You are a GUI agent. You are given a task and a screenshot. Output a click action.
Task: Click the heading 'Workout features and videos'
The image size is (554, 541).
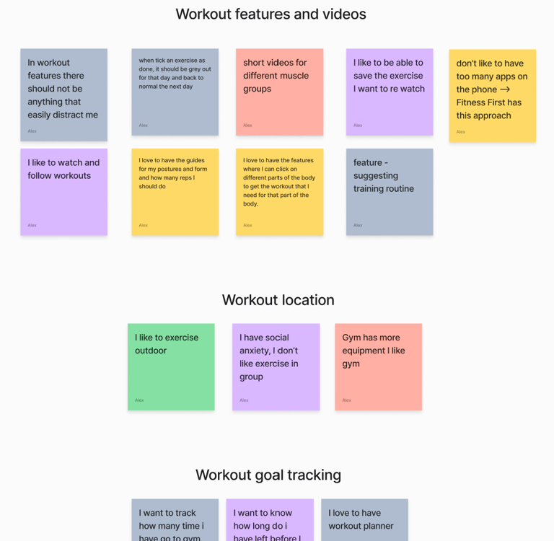[271, 14]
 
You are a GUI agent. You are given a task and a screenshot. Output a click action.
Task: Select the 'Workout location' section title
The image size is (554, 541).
[278, 300]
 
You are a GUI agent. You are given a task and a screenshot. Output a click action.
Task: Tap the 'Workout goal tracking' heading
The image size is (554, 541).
[268, 475]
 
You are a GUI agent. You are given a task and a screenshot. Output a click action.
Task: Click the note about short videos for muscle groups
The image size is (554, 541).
[279, 92]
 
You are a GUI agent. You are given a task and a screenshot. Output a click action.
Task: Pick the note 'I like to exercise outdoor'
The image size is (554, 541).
[171, 366]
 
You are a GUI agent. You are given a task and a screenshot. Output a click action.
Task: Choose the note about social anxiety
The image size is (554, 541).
[276, 366]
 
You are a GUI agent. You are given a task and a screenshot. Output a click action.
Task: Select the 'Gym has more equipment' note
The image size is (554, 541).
[378, 366]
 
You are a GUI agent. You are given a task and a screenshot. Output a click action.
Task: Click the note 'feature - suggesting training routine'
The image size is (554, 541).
[390, 192]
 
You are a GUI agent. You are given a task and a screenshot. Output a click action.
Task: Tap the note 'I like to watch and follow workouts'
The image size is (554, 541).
[63, 192]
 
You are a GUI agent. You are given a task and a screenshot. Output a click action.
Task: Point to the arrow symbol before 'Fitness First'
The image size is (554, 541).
[505, 89]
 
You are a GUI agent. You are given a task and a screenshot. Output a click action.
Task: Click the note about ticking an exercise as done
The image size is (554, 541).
[175, 92]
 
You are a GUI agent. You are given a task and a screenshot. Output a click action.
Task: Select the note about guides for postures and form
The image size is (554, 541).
[175, 192]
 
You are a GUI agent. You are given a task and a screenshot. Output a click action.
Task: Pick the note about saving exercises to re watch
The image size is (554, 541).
[390, 92]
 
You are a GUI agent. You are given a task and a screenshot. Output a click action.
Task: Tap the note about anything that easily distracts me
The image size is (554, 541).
[63, 94]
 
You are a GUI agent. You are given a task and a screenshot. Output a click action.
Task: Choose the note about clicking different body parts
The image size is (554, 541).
[279, 192]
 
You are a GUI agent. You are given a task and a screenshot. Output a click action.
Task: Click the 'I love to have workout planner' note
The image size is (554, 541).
[364, 519]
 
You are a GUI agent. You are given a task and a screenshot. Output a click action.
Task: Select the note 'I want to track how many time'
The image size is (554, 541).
[175, 519]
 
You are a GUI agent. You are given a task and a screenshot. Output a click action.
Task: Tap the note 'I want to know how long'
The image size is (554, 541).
[270, 519]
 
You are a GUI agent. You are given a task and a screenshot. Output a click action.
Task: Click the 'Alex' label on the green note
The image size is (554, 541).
[139, 400]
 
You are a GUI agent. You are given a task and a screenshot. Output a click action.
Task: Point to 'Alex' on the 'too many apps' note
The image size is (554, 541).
[461, 132]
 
